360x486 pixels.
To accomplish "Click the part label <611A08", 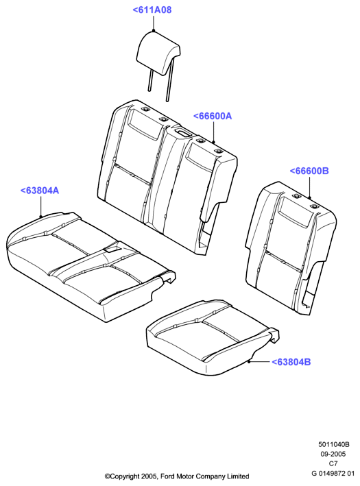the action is point(152,10).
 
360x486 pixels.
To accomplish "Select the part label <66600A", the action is point(213,117).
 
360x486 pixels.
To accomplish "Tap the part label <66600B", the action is point(309,171).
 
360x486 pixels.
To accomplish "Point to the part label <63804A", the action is point(40,191).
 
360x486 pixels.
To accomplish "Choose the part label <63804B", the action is point(291,362).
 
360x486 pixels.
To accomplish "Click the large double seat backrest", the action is point(167,173).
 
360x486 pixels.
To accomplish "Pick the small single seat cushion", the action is point(213,338).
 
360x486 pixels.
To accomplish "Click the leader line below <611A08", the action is point(154,23).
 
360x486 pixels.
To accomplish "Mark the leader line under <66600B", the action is point(309,187).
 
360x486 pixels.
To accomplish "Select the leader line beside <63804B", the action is point(259,361).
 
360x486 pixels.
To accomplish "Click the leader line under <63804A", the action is point(40,206).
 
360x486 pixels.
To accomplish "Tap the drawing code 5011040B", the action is point(334,444).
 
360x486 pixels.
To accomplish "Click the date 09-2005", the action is point(333,454).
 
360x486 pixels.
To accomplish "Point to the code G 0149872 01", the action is point(333,473).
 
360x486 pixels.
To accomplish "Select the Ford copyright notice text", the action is point(177,476).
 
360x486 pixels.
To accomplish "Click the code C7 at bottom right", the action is point(333,463).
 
